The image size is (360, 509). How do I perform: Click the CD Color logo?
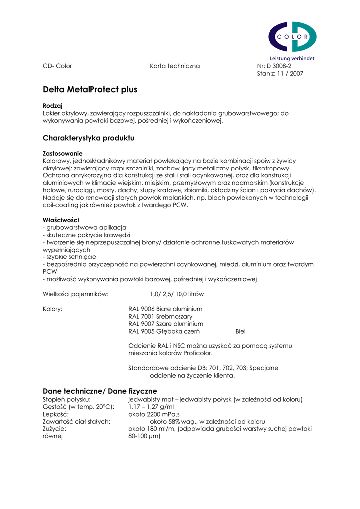292,37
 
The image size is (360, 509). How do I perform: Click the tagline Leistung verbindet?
292,58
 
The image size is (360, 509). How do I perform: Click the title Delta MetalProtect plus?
90,90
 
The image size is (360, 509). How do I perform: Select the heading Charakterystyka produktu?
89,138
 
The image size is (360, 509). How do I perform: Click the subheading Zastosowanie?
63,153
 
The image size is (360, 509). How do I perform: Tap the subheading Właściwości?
61,219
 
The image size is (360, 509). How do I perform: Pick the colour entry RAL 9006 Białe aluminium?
165,309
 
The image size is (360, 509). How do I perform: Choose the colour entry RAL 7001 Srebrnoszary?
160,316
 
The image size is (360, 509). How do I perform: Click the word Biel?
240,331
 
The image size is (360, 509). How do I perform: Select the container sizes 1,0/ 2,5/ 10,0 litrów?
177,294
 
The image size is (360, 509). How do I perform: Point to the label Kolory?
53,309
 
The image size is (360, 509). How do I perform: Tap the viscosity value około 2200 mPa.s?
154,414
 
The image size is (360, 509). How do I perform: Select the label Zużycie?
54,428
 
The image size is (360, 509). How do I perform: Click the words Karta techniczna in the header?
175,66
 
